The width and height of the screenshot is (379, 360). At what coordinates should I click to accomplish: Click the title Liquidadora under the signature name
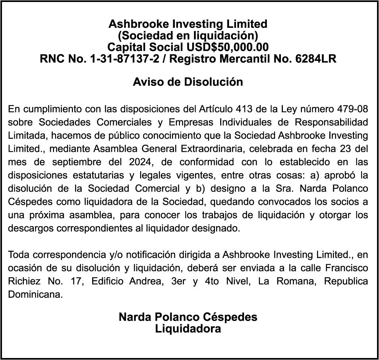(188, 329)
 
